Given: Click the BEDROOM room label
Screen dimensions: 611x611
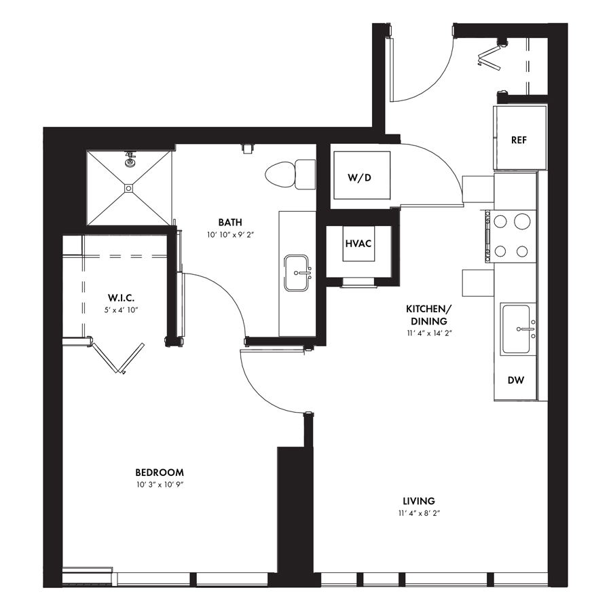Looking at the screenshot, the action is (x=160, y=473).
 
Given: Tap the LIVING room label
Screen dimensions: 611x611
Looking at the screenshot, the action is (x=418, y=501).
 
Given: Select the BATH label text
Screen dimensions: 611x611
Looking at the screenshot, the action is (x=230, y=222).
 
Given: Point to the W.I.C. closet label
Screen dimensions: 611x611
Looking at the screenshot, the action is (x=122, y=298).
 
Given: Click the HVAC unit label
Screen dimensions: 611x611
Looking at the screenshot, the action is (x=358, y=244).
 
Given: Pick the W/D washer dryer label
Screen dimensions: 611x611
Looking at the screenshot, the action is (x=359, y=178).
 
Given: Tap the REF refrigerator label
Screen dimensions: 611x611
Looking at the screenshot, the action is (x=519, y=140).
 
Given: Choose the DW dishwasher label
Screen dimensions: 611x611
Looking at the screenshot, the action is (x=516, y=380).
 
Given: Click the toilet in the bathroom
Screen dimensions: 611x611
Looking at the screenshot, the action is (x=291, y=174).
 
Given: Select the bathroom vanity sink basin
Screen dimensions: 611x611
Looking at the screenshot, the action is (x=297, y=273).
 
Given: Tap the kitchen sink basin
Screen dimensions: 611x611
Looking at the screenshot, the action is (x=516, y=329).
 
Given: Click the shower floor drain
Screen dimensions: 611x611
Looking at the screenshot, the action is (x=128, y=188).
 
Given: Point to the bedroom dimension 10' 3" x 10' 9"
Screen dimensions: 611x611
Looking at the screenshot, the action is (x=160, y=485).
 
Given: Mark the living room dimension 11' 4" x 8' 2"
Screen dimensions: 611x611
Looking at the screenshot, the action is (x=418, y=513).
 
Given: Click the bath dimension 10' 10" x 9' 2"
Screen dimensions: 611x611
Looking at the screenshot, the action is (x=230, y=235).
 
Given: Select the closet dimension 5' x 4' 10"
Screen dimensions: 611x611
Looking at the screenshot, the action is (x=122, y=310).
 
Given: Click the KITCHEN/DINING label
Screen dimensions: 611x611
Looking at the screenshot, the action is (x=428, y=315).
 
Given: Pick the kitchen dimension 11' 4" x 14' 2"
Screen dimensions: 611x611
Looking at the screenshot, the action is (x=428, y=333).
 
